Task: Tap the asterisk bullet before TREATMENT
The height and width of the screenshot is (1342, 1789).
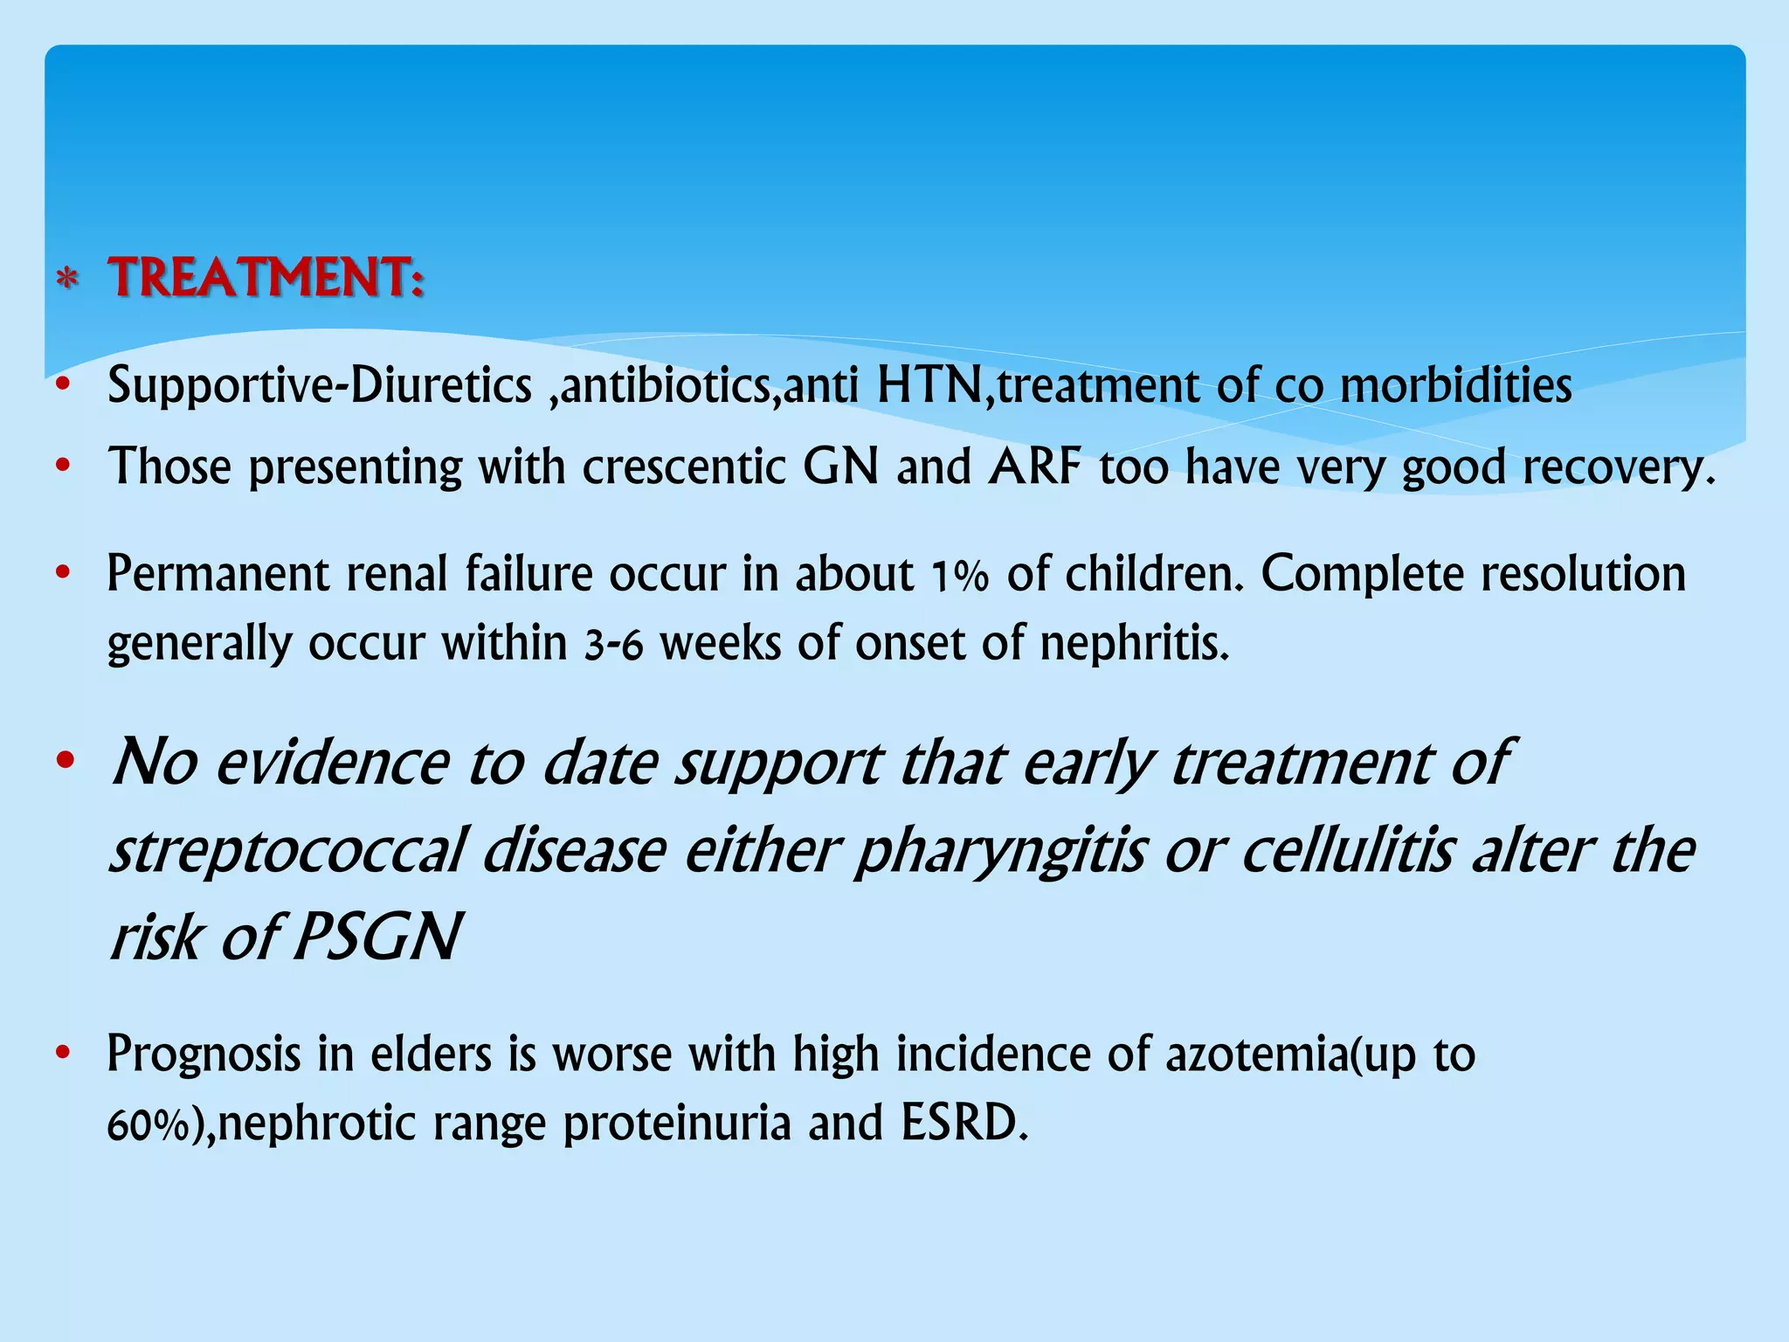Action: point(67,281)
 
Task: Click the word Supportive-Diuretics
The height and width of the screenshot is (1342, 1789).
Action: point(319,385)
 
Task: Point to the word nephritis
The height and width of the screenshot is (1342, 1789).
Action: point(1135,645)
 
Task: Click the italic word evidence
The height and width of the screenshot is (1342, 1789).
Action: point(332,764)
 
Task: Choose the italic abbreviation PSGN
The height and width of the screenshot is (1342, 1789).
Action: point(376,937)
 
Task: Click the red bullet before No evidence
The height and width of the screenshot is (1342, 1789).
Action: point(64,762)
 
